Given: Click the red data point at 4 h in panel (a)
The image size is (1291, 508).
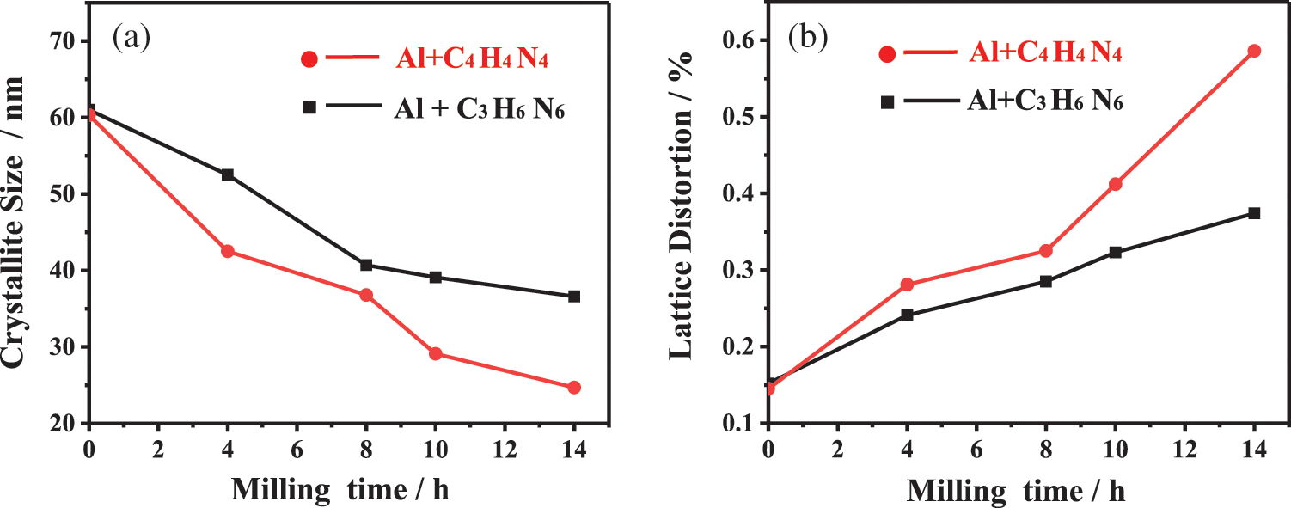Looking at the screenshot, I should (x=228, y=251).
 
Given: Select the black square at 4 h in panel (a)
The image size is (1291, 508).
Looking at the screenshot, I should (x=228, y=174).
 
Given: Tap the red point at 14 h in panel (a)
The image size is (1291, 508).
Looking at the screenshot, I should (x=574, y=388).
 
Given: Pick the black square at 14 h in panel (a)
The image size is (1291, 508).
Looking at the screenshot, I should (x=574, y=297).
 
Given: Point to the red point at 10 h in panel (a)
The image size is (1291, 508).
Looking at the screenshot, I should (x=436, y=354).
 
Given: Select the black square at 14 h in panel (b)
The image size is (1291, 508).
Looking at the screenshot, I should (x=1254, y=213).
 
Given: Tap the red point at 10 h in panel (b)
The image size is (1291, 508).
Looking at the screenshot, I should (x=1116, y=184).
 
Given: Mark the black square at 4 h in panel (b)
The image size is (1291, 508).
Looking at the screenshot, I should (x=907, y=315).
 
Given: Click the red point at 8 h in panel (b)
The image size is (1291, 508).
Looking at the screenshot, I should (x=1046, y=251).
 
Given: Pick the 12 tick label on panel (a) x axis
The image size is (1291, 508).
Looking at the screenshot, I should (x=505, y=449).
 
